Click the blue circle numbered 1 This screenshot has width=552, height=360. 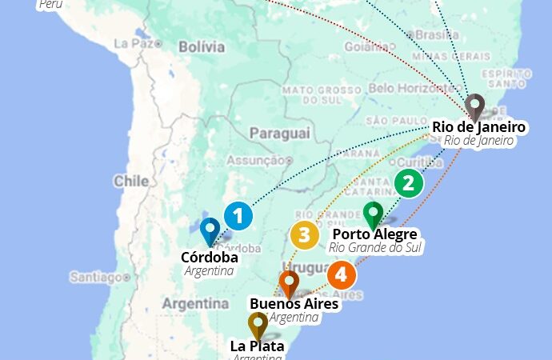(x=238, y=216)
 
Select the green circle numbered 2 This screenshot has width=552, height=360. (x=408, y=184)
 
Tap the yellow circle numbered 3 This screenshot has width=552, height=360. (x=304, y=235)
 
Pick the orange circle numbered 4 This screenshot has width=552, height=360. (x=341, y=276)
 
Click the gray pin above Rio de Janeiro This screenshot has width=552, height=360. (x=475, y=106)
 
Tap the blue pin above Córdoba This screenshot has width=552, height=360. (x=210, y=231)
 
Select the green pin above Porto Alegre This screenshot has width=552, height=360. (x=373, y=214)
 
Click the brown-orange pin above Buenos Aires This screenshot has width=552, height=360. (x=289, y=284)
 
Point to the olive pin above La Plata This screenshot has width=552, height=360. (x=257, y=326)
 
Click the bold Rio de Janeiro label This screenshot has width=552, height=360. (x=478, y=127)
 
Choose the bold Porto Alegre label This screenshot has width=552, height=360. (x=374, y=234)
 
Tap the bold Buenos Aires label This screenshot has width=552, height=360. (x=294, y=304)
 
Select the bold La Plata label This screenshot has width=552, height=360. (x=257, y=346)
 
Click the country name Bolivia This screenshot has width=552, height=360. (x=201, y=47)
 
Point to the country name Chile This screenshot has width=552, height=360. (x=130, y=181)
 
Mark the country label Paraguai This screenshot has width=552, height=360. (x=278, y=133)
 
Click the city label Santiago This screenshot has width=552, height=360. (x=94, y=277)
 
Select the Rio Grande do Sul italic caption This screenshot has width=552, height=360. (x=376, y=247)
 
